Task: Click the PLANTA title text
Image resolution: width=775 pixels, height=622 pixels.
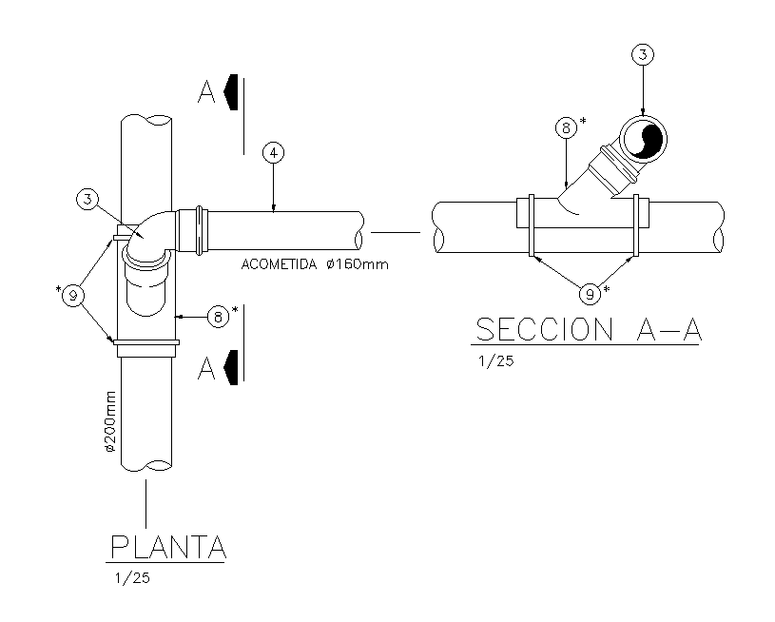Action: [x=168, y=547]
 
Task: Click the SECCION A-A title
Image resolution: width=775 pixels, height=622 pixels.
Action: [x=589, y=329]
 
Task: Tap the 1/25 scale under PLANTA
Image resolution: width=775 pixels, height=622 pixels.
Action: [x=132, y=577]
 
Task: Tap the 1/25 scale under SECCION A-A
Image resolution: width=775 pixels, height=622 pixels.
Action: [x=496, y=361]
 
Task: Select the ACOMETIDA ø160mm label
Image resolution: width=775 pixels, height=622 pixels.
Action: [x=315, y=264]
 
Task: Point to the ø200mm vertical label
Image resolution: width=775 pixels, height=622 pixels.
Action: [x=109, y=421]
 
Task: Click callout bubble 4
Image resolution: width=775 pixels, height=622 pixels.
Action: [x=273, y=152]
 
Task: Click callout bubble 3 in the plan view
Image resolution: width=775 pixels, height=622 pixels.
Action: [x=87, y=200]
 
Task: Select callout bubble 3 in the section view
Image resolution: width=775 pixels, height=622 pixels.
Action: [x=643, y=54]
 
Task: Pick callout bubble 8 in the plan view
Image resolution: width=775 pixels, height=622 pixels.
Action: [x=218, y=317]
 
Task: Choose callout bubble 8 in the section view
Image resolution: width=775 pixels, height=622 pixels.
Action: [x=566, y=128]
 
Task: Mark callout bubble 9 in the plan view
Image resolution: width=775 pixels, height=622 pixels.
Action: [x=73, y=296]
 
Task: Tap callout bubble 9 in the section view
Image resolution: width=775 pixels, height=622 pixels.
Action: [x=590, y=295]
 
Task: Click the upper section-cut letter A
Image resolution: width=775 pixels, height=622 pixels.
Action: [x=206, y=92]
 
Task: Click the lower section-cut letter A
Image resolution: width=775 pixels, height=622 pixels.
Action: [x=206, y=368]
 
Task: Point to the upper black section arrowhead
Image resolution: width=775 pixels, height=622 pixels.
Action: [x=231, y=92]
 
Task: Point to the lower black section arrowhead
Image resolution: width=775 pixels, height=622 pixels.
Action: [x=231, y=367]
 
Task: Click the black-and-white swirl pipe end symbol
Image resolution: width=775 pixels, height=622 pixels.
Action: [x=643, y=139]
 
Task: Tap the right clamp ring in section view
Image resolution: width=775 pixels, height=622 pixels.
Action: [x=636, y=225]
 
